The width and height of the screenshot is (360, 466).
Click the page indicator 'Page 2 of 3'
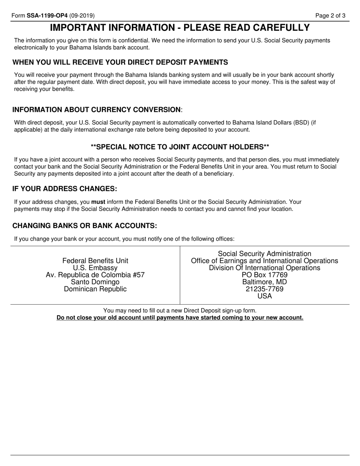330,16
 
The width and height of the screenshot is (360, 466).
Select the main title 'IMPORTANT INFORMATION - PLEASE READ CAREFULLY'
180,28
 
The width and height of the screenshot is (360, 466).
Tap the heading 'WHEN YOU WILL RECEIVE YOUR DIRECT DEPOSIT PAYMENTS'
120,63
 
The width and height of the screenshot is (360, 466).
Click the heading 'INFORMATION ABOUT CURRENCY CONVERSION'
97,110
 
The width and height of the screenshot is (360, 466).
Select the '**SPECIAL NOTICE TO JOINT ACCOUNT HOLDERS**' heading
180,147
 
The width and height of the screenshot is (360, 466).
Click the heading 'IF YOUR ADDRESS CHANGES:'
65,189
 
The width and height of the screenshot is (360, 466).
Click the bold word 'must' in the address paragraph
98,202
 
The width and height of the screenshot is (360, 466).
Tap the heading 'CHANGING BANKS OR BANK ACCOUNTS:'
85,226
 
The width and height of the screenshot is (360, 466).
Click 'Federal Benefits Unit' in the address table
95,261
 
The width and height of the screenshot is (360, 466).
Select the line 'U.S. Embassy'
95,268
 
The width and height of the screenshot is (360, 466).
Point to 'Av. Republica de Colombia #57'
95,275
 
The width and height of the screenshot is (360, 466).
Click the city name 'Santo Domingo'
95,282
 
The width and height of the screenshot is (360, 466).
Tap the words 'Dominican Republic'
95,289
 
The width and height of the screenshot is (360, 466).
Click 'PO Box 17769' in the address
265,275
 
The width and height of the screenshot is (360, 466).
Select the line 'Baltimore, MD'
265,282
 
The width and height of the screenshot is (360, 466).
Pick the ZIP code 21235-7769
265,289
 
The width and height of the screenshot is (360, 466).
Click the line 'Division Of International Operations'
265,268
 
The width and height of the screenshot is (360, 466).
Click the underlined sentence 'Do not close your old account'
180,318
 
